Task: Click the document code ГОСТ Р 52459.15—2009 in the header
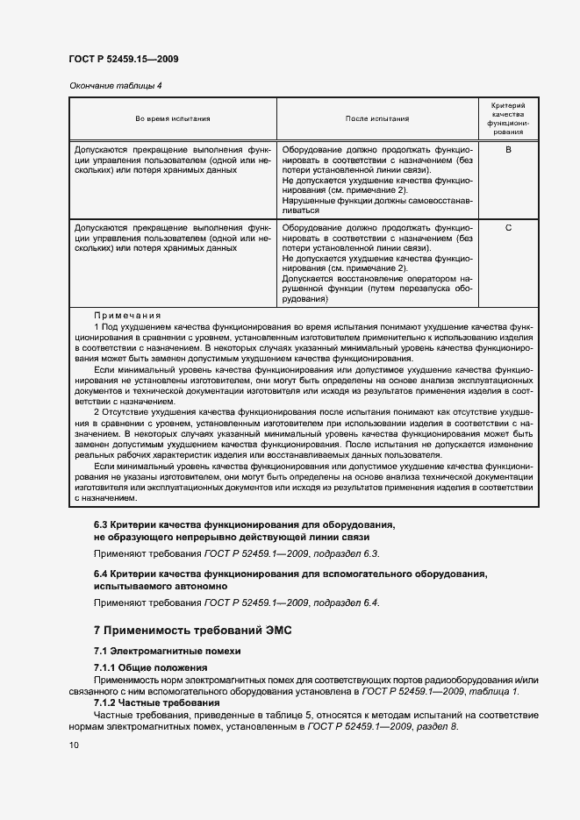[124, 60]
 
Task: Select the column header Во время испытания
[173, 118]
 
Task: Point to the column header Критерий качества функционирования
[508, 118]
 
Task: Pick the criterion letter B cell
[508, 150]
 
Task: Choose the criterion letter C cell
[508, 228]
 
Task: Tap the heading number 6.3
[102, 524]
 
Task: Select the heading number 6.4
[102, 574]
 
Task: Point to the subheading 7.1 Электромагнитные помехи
[166, 651]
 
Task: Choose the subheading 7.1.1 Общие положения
[145, 668]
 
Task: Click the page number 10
[74, 745]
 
